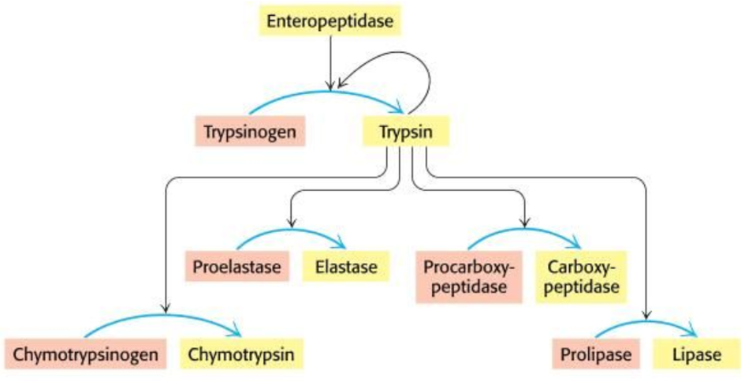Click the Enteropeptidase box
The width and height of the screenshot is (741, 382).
tap(330, 21)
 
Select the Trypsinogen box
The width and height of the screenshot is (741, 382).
tap(249, 131)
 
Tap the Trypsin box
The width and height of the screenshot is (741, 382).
tap(406, 131)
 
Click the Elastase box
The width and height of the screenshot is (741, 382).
tap(340, 267)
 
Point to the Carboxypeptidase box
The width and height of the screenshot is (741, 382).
tap(582, 277)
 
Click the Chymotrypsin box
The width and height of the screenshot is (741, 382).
tap(241, 354)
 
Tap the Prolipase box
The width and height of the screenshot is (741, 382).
tap(597, 354)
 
